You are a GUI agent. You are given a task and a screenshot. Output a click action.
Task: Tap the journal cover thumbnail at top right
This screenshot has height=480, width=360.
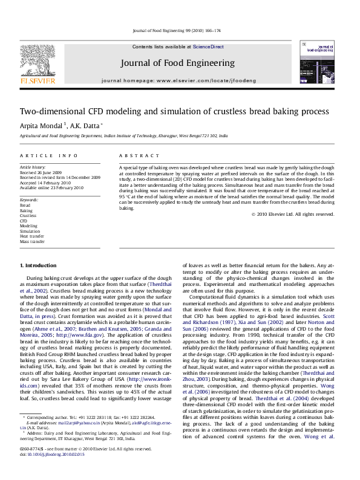coord(316,62)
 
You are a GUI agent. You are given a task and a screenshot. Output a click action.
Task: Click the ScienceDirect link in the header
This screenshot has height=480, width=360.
coord(208,47)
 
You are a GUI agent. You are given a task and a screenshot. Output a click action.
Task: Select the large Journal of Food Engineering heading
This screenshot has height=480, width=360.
coord(177,63)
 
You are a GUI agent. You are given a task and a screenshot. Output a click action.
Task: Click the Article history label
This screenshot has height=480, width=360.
coord(33,166)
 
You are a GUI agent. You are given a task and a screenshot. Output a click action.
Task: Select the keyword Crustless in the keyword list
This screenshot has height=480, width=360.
coord(28,215)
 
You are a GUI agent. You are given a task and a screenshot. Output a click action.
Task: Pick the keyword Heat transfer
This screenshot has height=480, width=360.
coord(31,236)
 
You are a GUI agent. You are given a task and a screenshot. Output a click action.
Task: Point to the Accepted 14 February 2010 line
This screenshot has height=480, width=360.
coord(46,182)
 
